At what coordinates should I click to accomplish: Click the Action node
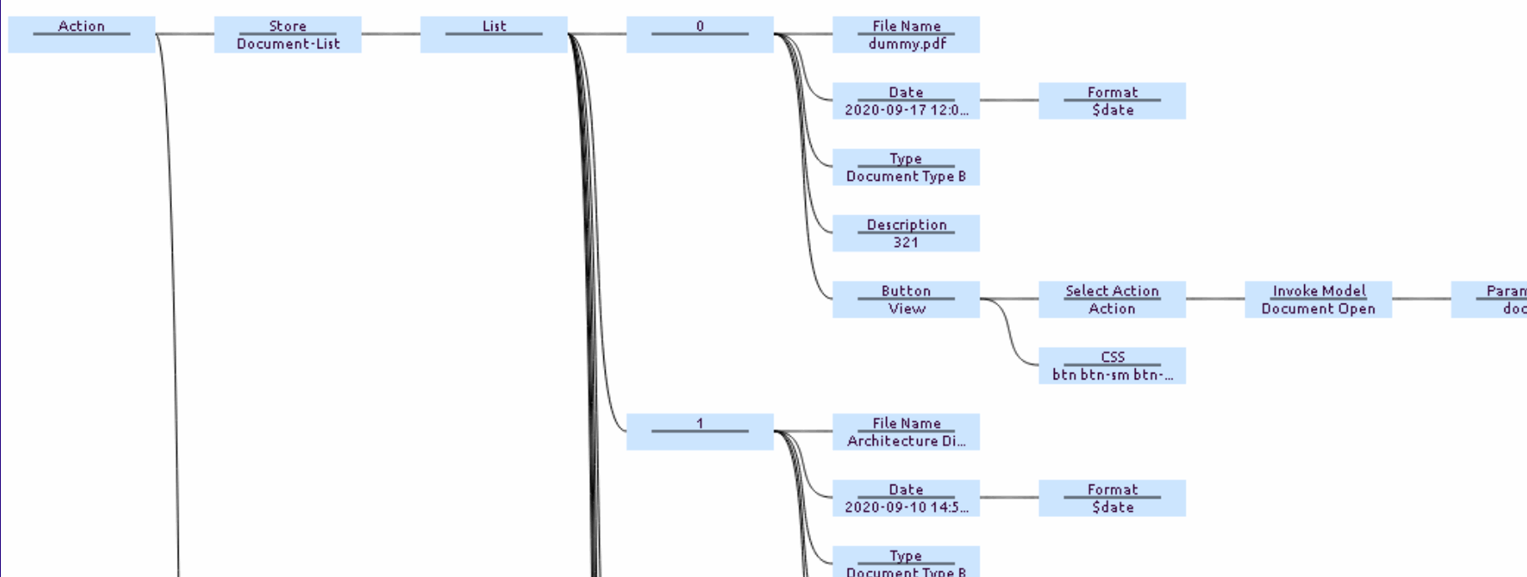[x=82, y=34]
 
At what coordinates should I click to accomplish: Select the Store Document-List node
[x=288, y=34]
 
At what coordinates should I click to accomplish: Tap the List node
[x=494, y=34]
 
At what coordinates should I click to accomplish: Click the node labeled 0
[x=700, y=34]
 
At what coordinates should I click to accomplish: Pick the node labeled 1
[x=700, y=431]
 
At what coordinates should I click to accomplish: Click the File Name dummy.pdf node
[x=906, y=34]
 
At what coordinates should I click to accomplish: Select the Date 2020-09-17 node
[x=906, y=100]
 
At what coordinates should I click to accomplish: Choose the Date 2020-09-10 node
[x=906, y=498]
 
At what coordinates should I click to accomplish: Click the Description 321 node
[x=906, y=233]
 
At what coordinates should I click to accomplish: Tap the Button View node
[x=906, y=299]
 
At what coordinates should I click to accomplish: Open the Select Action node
[x=1112, y=299]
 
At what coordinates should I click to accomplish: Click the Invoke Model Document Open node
[x=1318, y=299]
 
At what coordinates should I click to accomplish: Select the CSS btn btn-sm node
[x=1112, y=365]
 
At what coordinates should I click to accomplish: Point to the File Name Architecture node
[x=906, y=431]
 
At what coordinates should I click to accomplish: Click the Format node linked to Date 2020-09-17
[x=1112, y=100]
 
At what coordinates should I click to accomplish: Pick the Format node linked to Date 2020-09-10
[x=1112, y=498]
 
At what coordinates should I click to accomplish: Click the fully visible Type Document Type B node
[x=906, y=167]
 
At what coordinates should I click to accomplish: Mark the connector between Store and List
[x=391, y=34]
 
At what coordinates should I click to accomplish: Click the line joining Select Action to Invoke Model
[x=1215, y=299]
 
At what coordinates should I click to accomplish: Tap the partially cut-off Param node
[x=1489, y=299]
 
